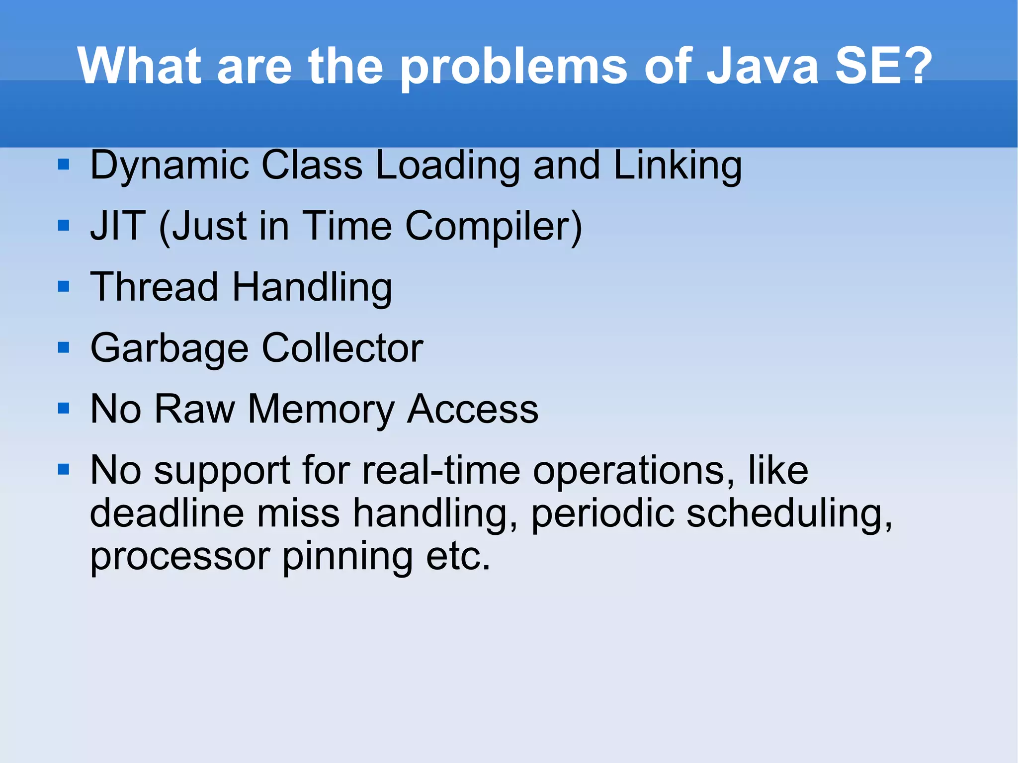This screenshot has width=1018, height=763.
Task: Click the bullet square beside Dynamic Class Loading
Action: (63, 165)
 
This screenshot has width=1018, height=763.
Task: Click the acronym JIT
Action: (118, 226)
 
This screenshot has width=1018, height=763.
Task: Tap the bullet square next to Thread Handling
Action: (63, 286)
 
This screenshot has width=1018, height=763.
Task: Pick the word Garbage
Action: (169, 348)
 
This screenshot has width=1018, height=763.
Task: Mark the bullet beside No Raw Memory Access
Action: (63, 409)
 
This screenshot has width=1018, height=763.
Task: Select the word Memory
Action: (321, 410)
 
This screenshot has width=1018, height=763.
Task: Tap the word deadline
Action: (167, 513)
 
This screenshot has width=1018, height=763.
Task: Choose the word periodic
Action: (602, 514)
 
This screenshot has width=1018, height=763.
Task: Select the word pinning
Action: (347, 557)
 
